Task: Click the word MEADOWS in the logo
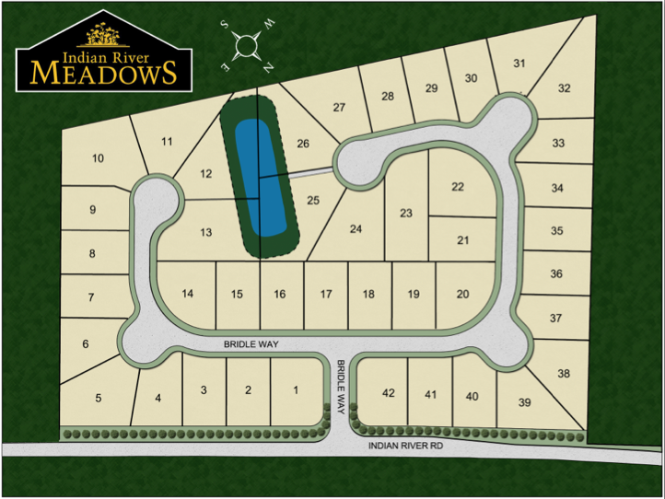tap(103, 73)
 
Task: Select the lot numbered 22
tap(458, 186)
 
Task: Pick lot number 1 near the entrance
tap(296, 390)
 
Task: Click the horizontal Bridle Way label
tap(251, 343)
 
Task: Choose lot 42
tap(388, 393)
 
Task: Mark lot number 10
tap(98, 158)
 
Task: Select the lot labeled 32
tap(564, 88)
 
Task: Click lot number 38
tap(564, 374)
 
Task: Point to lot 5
tap(98, 399)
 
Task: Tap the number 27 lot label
tap(339, 108)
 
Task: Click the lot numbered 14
tap(187, 294)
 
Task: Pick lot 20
tap(462, 294)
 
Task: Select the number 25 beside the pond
tap(312, 200)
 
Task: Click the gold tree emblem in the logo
tap(103, 36)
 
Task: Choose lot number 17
tap(325, 294)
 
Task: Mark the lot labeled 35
tap(556, 231)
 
